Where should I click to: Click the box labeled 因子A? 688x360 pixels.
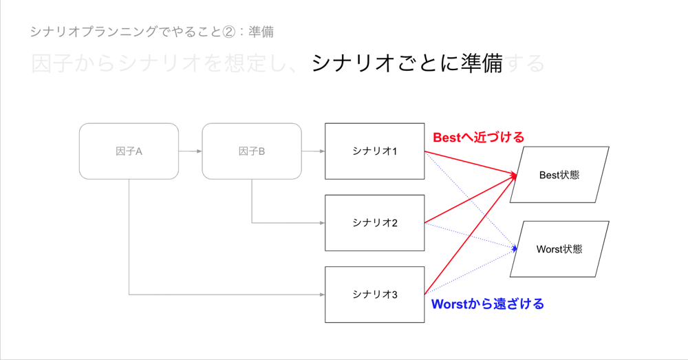pos(129,151)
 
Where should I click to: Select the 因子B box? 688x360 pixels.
pos(252,151)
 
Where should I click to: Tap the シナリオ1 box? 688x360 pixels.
pos(375,151)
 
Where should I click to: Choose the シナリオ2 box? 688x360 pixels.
pos(375,223)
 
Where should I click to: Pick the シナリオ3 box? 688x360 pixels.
pos(375,295)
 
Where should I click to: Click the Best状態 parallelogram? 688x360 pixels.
pos(559,175)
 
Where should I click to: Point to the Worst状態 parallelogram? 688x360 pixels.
pos(559,249)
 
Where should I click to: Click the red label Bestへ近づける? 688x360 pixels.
pos(478,138)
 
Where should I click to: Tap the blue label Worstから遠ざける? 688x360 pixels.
pos(487,304)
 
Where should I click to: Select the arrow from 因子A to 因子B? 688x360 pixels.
pos(190,151)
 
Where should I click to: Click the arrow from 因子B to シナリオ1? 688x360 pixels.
pos(313,151)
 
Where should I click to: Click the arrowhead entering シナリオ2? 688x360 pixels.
pos(322,223)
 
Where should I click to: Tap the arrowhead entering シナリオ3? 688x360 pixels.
pos(322,295)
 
